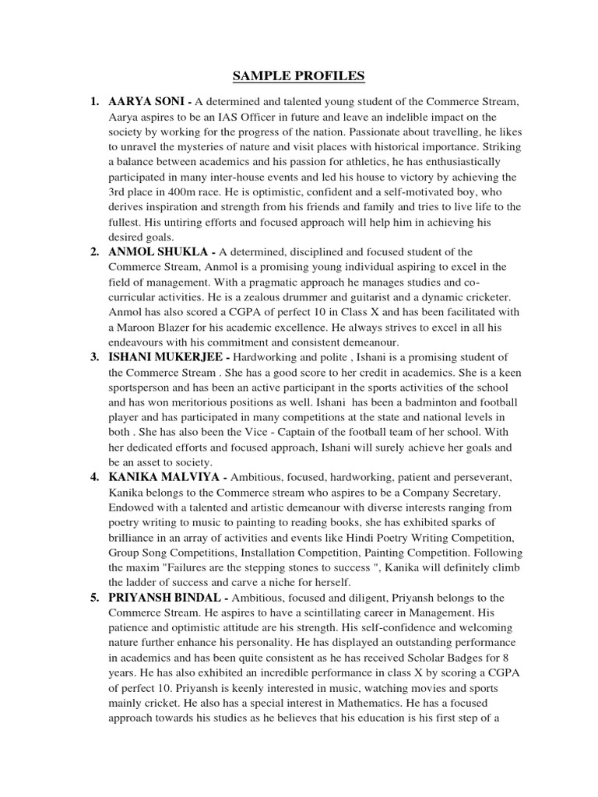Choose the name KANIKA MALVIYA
tap(160, 476)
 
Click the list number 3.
tap(94, 356)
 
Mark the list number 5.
tap(94, 598)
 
